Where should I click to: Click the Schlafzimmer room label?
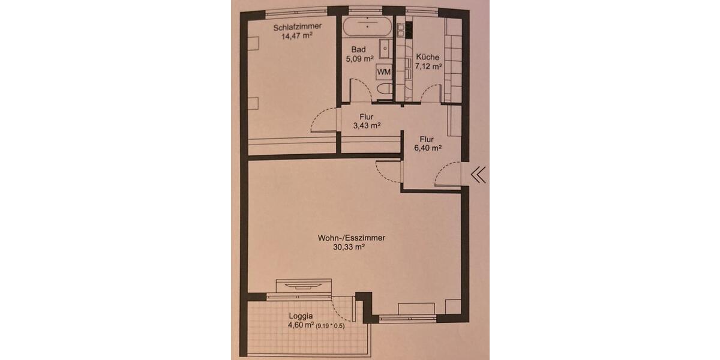pyautogui.click(x=297, y=27)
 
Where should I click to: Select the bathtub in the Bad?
pyautogui.click(x=367, y=26)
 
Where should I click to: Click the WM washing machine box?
pyautogui.click(x=383, y=72)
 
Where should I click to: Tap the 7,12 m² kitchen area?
pyautogui.click(x=428, y=67)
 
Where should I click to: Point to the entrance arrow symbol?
pyautogui.click(x=478, y=175)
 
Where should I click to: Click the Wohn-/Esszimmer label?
pyautogui.click(x=351, y=238)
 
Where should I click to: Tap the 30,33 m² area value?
pyautogui.click(x=350, y=247)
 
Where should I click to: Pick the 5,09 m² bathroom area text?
pyautogui.click(x=359, y=59)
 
